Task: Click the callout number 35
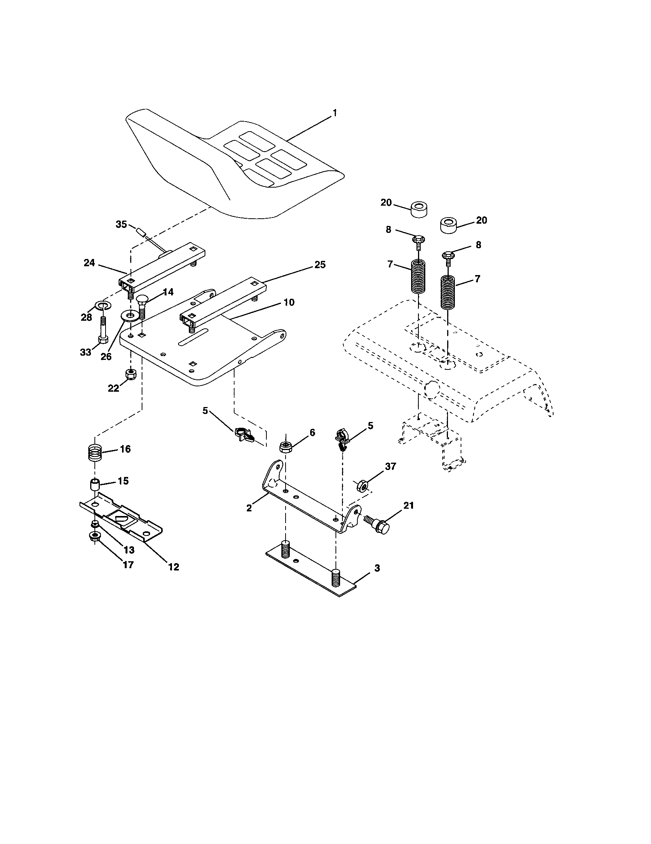point(121,224)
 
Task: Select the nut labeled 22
point(131,374)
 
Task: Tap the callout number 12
point(174,567)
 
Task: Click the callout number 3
point(377,568)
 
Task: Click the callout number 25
point(320,265)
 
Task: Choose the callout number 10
point(289,302)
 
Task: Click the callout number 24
point(89,263)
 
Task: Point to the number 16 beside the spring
point(125,449)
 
